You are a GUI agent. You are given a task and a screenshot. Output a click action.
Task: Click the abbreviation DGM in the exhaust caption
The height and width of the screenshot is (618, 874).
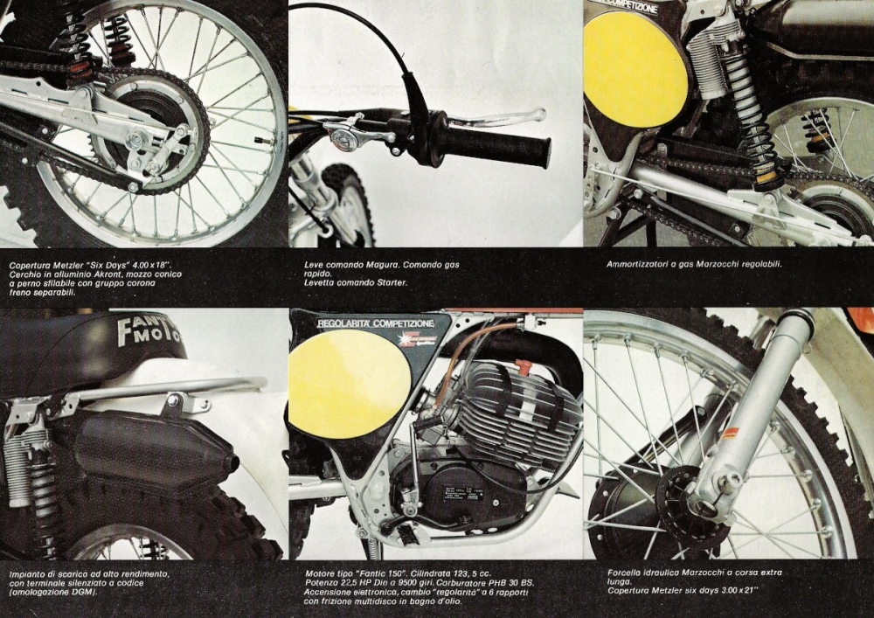(x=81, y=592)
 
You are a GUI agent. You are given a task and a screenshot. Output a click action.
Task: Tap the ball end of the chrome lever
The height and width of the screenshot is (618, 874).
(x=538, y=115)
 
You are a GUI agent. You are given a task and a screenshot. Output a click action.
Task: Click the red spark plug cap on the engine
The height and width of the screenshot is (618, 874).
(x=523, y=367)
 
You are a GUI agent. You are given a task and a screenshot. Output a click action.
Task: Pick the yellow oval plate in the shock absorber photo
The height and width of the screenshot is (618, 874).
(x=635, y=69)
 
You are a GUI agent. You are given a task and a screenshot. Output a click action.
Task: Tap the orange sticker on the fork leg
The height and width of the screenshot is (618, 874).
(x=730, y=433)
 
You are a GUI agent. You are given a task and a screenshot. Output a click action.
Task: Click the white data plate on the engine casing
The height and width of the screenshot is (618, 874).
(x=462, y=494)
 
